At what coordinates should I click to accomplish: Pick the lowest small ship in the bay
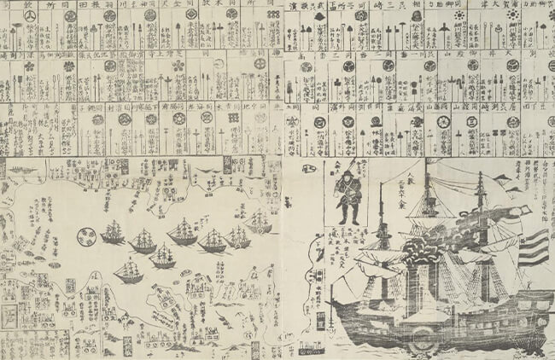[x=130, y=273]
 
